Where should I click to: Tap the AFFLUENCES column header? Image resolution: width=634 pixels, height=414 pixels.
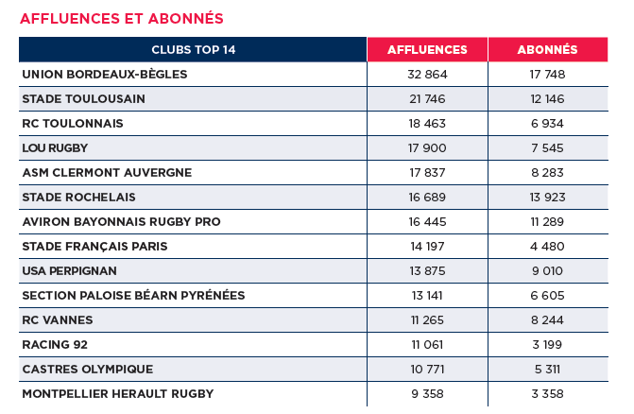[427, 49]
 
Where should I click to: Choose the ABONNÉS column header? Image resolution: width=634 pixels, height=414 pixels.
[548, 49]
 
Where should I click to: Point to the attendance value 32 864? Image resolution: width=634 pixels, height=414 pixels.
[427, 74]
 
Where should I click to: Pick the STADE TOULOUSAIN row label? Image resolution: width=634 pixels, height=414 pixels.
[83, 98]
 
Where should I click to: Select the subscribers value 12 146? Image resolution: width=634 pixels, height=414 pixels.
[548, 98]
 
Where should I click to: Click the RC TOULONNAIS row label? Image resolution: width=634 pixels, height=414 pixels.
[73, 123]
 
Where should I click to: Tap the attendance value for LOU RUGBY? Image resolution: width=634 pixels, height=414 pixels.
[427, 147]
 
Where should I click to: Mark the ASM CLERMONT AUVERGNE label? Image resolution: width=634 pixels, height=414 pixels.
[107, 172]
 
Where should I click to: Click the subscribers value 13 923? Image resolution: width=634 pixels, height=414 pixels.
[548, 197]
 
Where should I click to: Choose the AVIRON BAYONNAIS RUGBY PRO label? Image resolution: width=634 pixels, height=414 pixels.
[121, 221]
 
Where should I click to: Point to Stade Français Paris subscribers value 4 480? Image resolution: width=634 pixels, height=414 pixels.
[548, 246]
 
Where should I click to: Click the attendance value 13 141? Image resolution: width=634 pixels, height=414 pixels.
[427, 295]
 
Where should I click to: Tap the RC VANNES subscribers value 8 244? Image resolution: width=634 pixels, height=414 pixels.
[548, 319]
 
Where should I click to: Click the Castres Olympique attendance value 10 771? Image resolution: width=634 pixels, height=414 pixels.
[427, 369]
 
